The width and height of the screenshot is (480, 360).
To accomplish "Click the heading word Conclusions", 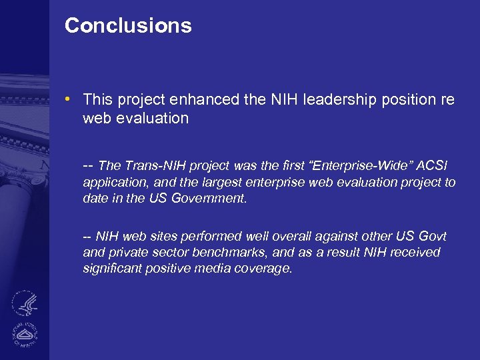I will pyautogui.click(x=128, y=26).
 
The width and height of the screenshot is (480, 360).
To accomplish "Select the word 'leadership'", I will pyautogui.click(x=341, y=100).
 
